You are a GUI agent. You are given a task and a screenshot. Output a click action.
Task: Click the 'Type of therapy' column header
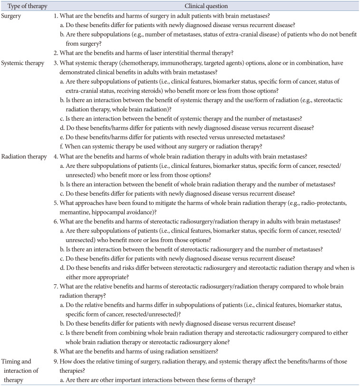click(22, 6)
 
